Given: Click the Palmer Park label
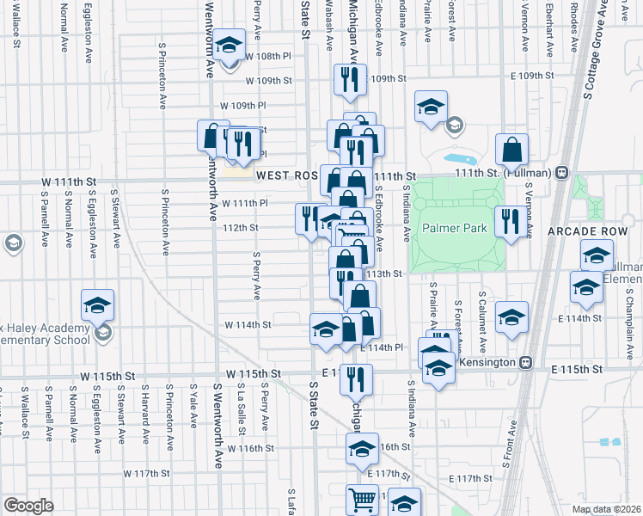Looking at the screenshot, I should click(x=455, y=229).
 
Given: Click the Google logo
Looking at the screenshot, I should click(x=28, y=506).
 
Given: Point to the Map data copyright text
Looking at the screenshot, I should click(x=607, y=509).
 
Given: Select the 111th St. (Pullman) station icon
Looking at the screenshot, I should click(x=561, y=172).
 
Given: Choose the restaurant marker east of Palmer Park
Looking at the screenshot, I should click(x=509, y=221).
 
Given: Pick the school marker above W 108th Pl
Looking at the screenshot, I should click(x=229, y=46).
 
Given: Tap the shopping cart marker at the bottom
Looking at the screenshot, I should click(x=362, y=500).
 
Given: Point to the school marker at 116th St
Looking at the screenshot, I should click(x=362, y=449).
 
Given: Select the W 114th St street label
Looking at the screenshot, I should click(x=248, y=325).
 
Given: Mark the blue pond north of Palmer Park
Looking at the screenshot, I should click(x=462, y=159).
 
